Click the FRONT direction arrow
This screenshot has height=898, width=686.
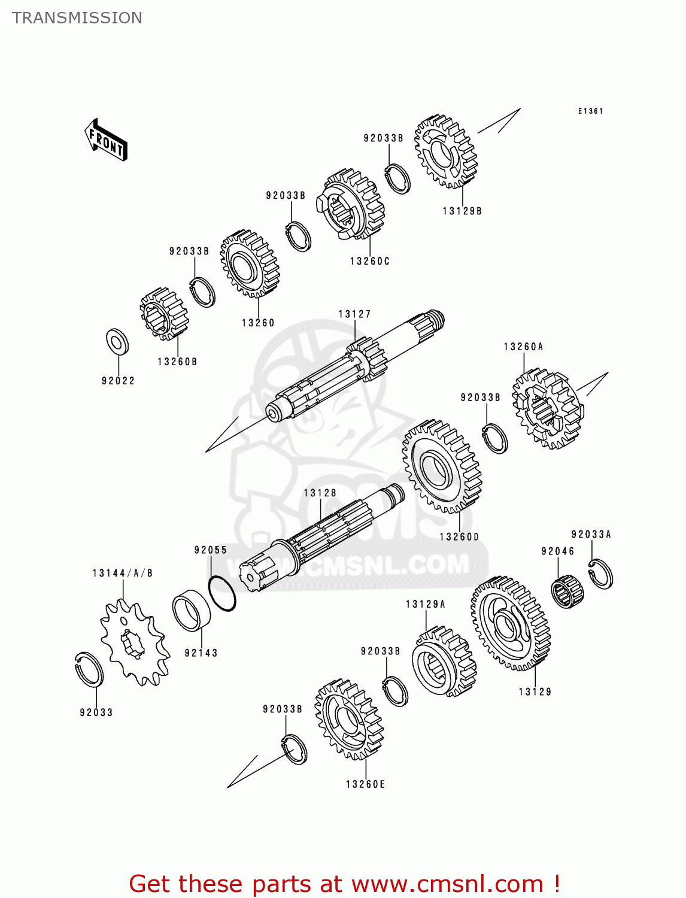tap(107, 141)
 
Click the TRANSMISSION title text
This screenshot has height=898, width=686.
tap(77, 18)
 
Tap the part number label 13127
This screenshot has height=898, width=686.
tap(354, 314)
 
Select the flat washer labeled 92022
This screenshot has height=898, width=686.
tap(117, 342)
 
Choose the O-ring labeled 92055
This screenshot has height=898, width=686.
tap(222, 593)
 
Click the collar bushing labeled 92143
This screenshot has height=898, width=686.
tap(192, 610)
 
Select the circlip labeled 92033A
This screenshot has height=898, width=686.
tap(600, 574)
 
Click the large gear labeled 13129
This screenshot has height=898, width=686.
tap(511, 623)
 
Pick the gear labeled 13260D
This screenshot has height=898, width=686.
tap(442, 466)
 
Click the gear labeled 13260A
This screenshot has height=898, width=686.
tap(548, 409)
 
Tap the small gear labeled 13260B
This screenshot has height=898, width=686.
tap(164, 314)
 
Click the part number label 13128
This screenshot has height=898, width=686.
tap(320, 493)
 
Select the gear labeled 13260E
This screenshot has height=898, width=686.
tap(348, 719)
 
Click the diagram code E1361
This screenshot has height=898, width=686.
tap(590, 111)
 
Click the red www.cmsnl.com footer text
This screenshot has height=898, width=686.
tap(345, 884)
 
